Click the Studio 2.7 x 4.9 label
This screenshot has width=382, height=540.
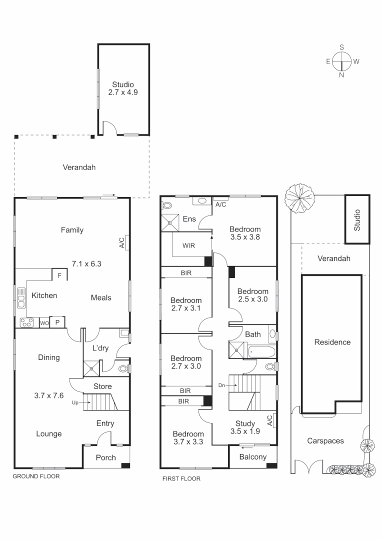click(123, 88)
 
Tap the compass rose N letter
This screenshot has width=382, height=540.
click(342, 75)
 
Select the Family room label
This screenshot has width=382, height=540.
click(72, 230)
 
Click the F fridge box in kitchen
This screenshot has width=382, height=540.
click(59, 275)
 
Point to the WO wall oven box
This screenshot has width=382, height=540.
click(44, 322)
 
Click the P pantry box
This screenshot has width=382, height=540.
click(57, 322)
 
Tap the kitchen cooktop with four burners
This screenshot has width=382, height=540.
click(26, 322)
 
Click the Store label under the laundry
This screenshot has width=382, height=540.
click(102, 386)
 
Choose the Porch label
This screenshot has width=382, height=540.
click(105, 457)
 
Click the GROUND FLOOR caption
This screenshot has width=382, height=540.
click(36, 476)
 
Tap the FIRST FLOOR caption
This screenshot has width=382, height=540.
click(181, 478)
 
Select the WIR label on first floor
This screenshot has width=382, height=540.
click(188, 246)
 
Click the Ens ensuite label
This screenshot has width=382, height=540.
click(189, 219)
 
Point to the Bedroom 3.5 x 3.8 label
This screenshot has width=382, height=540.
click(245, 233)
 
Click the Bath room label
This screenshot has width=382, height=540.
click(252, 334)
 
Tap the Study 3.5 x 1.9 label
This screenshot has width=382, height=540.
click(245, 427)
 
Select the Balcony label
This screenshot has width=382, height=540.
click(252, 456)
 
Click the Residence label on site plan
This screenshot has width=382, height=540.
click(332, 342)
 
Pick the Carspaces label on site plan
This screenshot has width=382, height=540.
click(325, 441)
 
